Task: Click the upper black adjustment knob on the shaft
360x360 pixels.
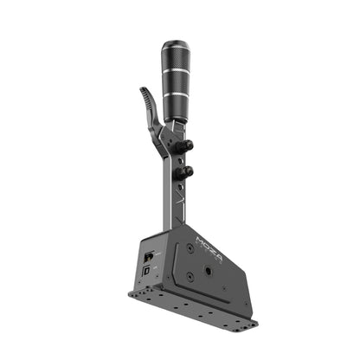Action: [x=186, y=146]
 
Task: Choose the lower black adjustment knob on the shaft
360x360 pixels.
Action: [x=185, y=173]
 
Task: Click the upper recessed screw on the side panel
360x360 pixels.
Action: [x=189, y=248]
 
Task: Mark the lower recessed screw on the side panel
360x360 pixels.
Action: [x=191, y=278]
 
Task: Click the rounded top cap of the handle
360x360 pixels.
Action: [x=176, y=43]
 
